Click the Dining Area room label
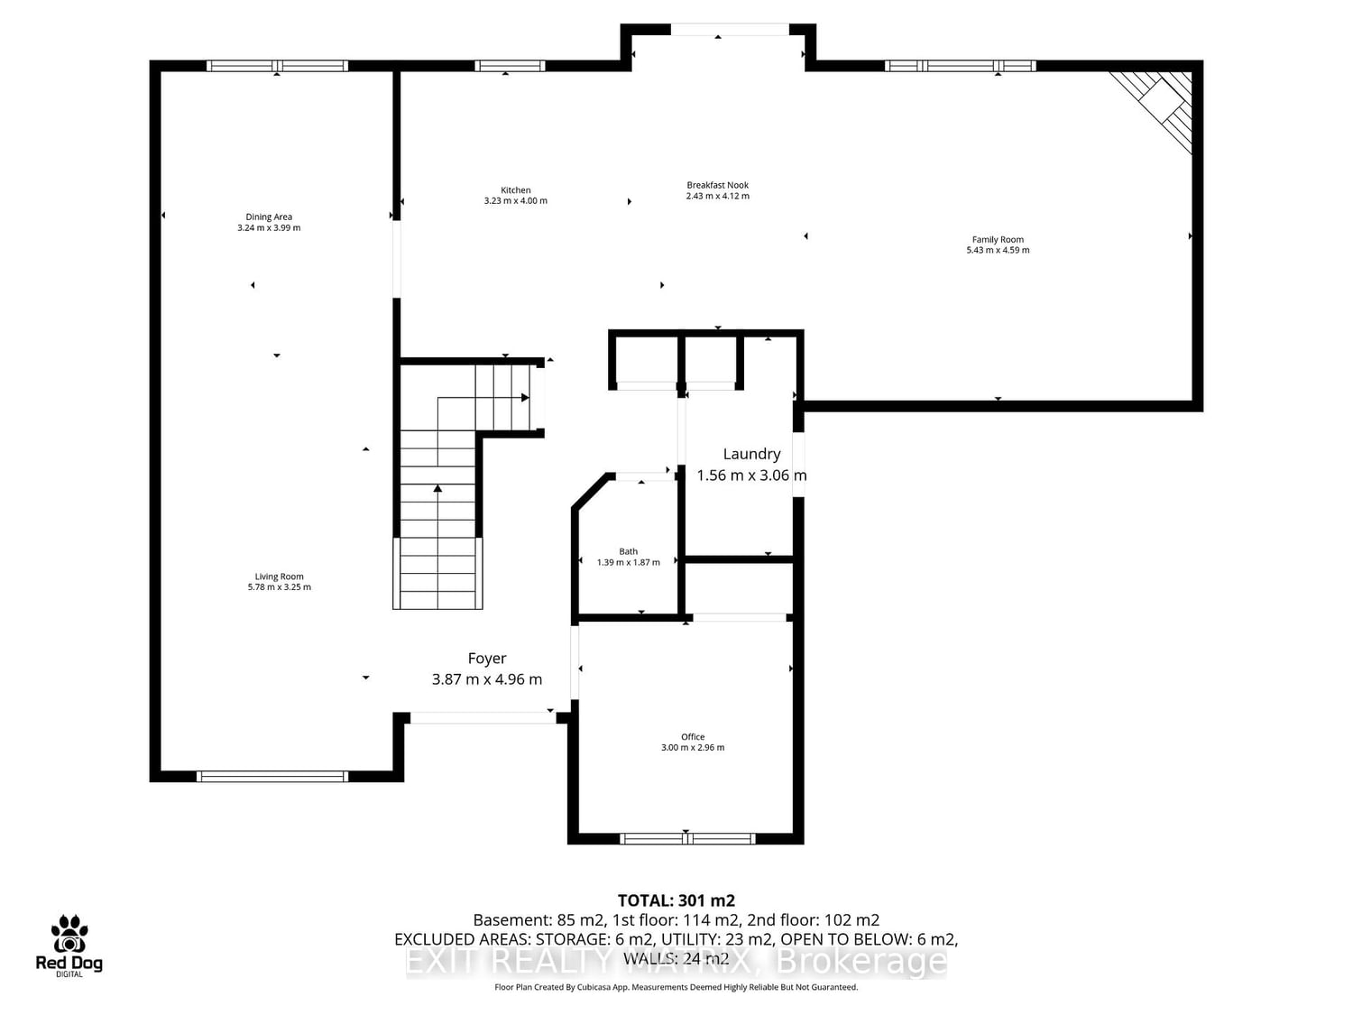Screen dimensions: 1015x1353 [x=269, y=217]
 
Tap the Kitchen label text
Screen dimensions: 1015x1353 [x=515, y=190]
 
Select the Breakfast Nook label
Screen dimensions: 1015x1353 [x=717, y=185]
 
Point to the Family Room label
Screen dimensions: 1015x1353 [x=998, y=240]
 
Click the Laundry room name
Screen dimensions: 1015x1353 [x=751, y=455]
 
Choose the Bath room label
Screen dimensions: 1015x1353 [x=628, y=551]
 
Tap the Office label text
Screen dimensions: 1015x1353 [x=693, y=737]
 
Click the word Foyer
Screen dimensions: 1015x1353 [x=487, y=659]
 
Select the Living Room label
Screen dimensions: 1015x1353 [x=279, y=577]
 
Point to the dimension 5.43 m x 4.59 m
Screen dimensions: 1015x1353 [x=998, y=251]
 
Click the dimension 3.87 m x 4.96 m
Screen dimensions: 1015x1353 [x=487, y=679]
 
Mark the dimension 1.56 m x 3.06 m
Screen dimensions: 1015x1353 [x=751, y=475]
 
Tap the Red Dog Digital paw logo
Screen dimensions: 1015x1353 [x=69, y=935]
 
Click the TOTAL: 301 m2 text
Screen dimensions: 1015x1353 [x=676, y=900]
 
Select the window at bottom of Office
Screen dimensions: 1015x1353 [x=687, y=838]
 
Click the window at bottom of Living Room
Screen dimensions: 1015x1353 [x=272, y=776]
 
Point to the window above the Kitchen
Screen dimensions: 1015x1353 [x=510, y=66]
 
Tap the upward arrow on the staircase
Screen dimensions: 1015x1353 [x=437, y=490]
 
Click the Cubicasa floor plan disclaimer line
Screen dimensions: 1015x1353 [x=676, y=987]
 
